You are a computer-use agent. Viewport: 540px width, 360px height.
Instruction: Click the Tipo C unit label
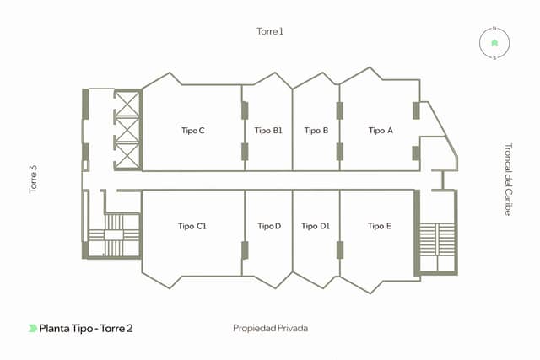coord(193,131)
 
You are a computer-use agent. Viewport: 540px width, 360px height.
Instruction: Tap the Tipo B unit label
coord(316,131)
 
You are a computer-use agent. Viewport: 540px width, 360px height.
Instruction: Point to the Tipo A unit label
coord(381,131)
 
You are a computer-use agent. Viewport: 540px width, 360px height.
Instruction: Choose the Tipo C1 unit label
coord(192,226)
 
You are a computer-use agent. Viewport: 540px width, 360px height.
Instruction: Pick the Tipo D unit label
coord(269,226)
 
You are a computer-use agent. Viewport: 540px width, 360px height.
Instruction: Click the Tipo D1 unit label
coord(316,226)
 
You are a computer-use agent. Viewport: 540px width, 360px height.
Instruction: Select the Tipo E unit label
coord(380,226)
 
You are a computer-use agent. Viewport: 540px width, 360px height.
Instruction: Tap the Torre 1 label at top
coord(270,31)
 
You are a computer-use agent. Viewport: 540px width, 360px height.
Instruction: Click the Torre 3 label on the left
coord(35,180)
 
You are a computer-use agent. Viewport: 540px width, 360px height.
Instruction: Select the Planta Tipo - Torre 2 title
coord(86,328)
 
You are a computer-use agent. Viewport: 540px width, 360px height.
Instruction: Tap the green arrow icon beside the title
coord(32,328)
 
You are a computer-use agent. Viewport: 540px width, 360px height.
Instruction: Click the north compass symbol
coord(494,42)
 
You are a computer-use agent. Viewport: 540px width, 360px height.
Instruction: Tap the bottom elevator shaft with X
coord(125,154)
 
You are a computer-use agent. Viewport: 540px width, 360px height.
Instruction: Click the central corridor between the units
coord(278,180)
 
